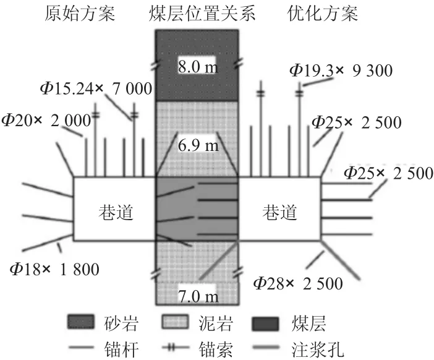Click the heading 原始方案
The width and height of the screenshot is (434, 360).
[x=80, y=14]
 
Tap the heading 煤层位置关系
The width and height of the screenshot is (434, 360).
[x=202, y=14]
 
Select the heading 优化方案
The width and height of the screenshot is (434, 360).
[x=323, y=14]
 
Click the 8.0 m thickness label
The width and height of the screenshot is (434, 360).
[x=198, y=67]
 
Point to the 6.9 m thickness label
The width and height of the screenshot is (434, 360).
[x=198, y=145]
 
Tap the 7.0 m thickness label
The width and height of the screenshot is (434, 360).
[x=198, y=296]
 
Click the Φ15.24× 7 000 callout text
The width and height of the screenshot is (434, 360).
[x=96, y=88]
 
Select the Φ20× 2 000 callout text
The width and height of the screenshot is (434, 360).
[x=46, y=121]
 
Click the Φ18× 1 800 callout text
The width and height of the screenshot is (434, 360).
[x=54, y=269]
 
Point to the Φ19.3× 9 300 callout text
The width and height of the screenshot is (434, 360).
[x=341, y=71]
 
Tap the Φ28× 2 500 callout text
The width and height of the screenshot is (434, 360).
[x=299, y=283]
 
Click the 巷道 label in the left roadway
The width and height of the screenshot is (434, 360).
[x=116, y=212]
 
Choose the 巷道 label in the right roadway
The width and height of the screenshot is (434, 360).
[x=280, y=212]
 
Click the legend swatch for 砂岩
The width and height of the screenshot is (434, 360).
[x=81, y=322]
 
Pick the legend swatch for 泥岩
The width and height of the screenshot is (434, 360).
[x=176, y=322]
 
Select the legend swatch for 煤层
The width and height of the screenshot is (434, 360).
[x=265, y=324]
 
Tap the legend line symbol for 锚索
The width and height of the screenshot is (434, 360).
[x=175, y=348]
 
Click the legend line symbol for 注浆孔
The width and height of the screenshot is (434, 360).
[x=266, y=347]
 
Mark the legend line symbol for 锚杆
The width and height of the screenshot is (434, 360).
[x=81, y=347]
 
